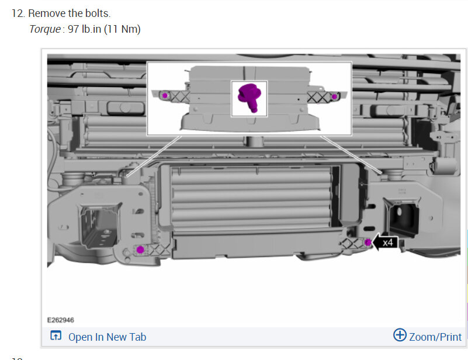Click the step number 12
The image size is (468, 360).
tap(18, 13)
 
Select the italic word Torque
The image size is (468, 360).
tap(45, 29)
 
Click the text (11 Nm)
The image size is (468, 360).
tap(122, 29)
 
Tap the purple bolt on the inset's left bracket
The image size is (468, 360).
tap(165, 96)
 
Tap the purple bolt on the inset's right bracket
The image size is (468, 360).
tap(334, 96)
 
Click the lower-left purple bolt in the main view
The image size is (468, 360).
tap(140, 250)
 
